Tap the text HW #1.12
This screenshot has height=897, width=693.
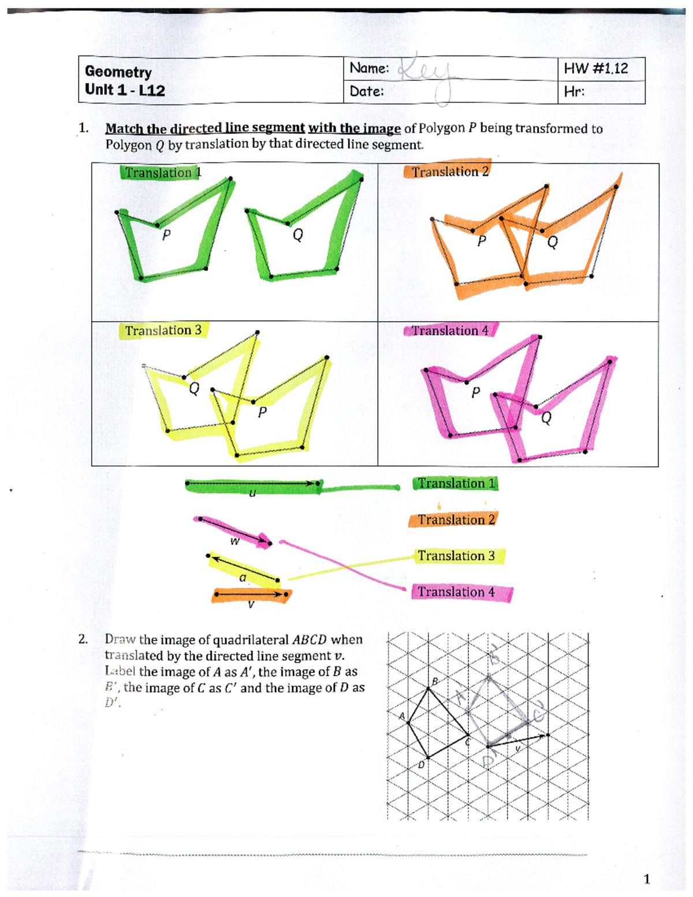pos(595,69)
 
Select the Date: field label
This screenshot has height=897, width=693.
pos(367,91)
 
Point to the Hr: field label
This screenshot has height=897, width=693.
pos(574,92)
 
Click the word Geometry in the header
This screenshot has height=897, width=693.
pos(118,72)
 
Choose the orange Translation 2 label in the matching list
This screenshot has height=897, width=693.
pos(456,520)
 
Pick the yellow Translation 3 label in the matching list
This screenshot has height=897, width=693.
pos(456,556)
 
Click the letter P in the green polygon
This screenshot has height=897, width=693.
pos(166,235)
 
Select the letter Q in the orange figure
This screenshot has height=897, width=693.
pos(553,242)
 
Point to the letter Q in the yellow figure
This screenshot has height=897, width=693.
pos(195,389)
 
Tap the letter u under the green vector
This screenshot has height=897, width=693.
pos(252,493)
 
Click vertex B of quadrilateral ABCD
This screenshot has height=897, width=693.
pos(429,687)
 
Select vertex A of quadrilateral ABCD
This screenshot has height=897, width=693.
pos(408,722)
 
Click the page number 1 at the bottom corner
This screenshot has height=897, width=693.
pos(647,879)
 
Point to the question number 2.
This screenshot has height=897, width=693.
pos(83,639)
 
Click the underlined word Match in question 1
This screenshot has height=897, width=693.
pos(123,128)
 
